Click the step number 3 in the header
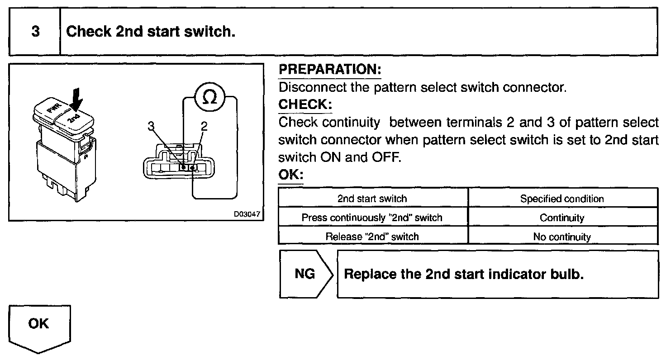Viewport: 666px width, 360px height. point(35,33)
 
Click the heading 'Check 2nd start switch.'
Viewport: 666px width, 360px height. point(151,33)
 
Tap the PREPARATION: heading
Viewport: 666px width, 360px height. point(330,70)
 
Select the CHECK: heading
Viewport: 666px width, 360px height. point(305,104)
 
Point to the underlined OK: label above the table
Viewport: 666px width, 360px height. point(290,175)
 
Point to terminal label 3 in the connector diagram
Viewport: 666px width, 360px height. point(152,127)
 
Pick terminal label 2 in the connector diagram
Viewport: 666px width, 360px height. point(204,127)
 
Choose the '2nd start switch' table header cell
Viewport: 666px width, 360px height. point(372,199)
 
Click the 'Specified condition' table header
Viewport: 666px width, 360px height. point(562,199)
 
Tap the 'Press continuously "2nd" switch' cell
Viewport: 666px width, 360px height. point(372,218)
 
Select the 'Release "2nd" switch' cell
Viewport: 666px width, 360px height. point(372,237)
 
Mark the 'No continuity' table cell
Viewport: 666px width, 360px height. point(562,237)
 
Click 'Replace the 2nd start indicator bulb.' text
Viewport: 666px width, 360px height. point(464,275)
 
